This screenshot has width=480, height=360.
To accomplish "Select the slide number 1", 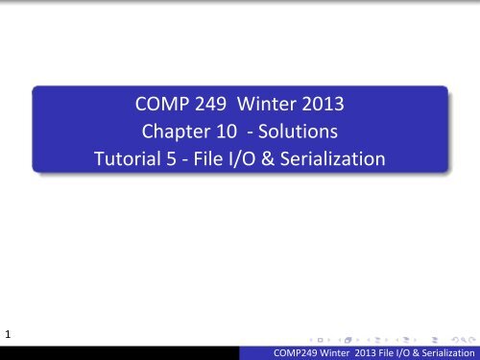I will tap(8, 334).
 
